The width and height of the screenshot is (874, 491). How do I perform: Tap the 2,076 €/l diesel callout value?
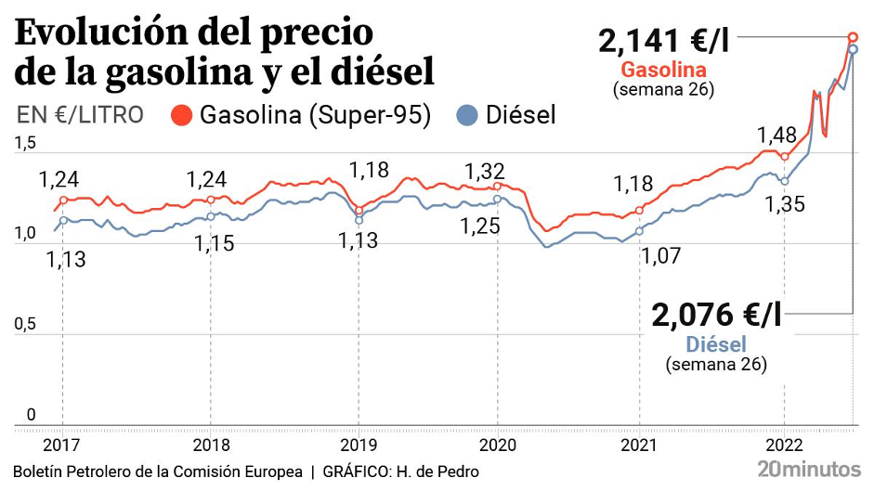pyautogui.click(x=716, y=316)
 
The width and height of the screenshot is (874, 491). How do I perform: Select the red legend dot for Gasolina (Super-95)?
pyautogui.click(x=182, y=116)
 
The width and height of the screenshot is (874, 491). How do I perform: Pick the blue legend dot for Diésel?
pyautogui.click(x=468, y=116)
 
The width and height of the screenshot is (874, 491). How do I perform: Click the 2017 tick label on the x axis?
pyautogui.click(x=62, y=443)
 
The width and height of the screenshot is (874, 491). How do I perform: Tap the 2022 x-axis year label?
pyautogui.click(x=785, y=443)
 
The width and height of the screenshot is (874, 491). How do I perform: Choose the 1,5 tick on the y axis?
pyautogui.click(x=25, y=143)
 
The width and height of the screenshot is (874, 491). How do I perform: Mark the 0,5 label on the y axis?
pyautogui.click(x=25, y=324)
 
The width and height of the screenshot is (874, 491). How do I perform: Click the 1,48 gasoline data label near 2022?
pyautogui.click(x=776, y=134)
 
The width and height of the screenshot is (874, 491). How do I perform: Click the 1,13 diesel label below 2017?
pyautogui.click(x=65, y=259)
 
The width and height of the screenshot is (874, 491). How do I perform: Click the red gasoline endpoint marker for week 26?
pyautogui.click(x=853, y=36)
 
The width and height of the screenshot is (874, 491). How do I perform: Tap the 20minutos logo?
pyautogui.click(x=808, y=469)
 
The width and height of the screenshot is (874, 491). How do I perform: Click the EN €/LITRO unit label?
pyautogui.click(x=80, y=115)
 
